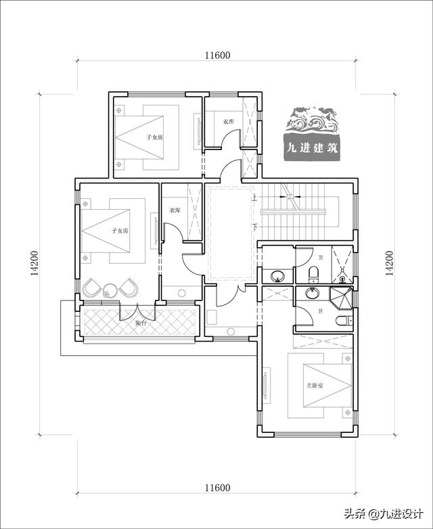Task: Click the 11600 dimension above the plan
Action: [218, 55]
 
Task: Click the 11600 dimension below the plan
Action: [218, 488]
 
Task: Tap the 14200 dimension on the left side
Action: [35, 264]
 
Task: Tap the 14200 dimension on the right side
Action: [390, 264]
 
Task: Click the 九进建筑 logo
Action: [311, 133]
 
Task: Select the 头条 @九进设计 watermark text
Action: [384, 514]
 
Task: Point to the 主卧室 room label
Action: [315, 385]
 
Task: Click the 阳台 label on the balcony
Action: [141, 323]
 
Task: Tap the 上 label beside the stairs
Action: [254, 198]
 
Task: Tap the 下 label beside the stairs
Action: [254, 227]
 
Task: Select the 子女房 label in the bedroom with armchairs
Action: [120, 231]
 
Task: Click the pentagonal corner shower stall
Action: [341, 298]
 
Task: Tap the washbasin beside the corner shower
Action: [313, 293]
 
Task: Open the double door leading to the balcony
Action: [137, 312]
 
